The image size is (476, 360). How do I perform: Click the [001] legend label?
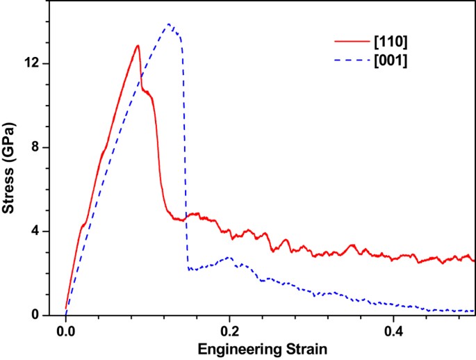pyautogui.click(x=391, y=62)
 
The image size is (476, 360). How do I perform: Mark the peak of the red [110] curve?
pyautogui.click(x=138, y=46)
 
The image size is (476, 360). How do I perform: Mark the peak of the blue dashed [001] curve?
pyautogui.click(x=169, y=24)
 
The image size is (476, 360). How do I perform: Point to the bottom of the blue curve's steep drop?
pyautogui.click(x=188, y=269)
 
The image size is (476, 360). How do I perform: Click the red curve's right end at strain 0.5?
pyautogui.click(x=475, y=261)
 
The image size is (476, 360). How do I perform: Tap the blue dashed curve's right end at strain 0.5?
pyautogui.click(x=475, y=311)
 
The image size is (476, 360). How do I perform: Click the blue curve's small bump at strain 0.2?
pyautogui.click(x=228, y=258)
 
